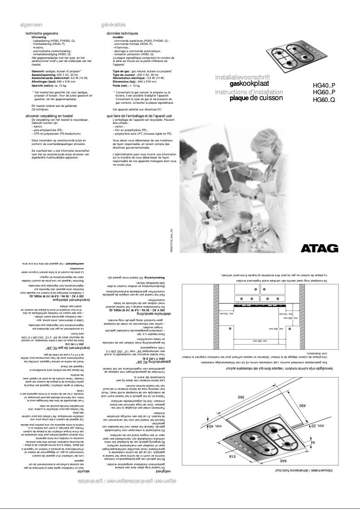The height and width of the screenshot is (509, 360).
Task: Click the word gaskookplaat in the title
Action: click(x=250, y=83)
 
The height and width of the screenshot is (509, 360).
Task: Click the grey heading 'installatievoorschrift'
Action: click(x=242, y=77)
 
